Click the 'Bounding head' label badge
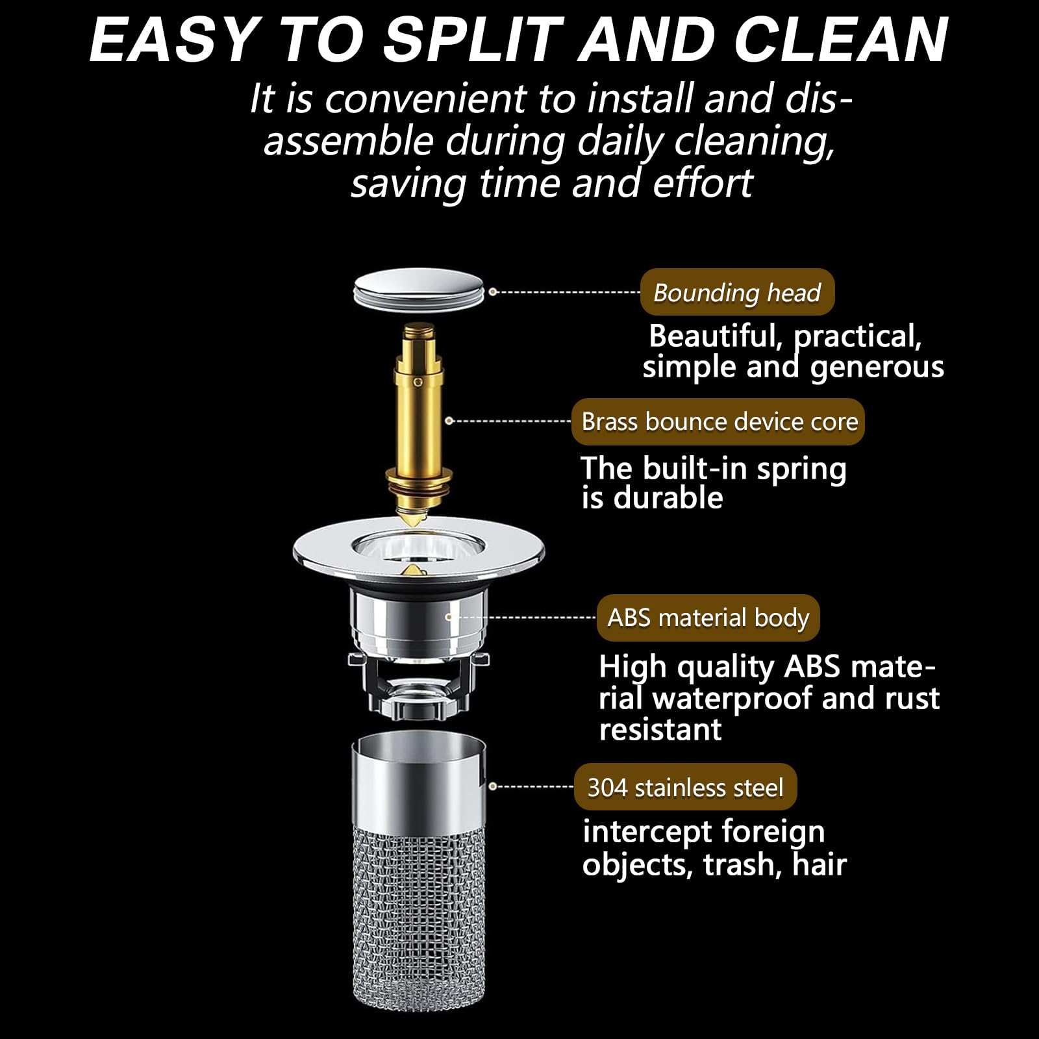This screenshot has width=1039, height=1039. point(737,292)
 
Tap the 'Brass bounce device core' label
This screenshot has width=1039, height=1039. point(718,421)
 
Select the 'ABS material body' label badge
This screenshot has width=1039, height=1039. point(708,618)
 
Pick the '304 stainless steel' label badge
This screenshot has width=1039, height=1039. point(685,787)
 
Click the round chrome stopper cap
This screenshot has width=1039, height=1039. point(419,289)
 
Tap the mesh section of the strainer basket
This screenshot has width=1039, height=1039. point(418,916)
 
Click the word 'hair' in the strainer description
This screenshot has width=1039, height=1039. point(820,864)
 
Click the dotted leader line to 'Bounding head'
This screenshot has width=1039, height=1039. point(565,292)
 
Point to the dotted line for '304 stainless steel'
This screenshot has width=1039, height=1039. point(532,786)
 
